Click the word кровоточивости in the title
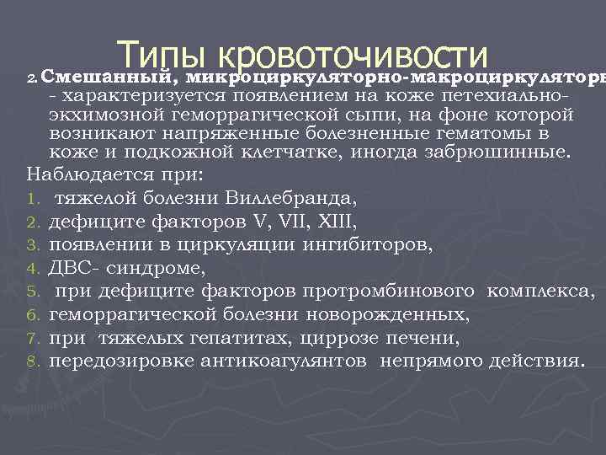coord(353,55)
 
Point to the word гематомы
coord(491,133)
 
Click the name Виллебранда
coord(291,199)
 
